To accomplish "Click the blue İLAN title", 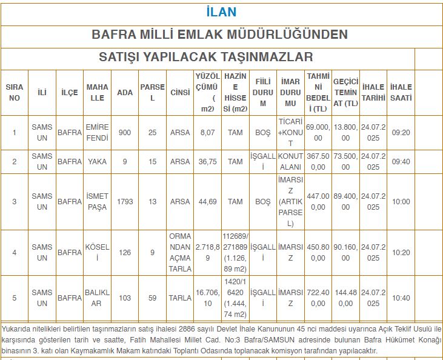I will (x=221, y=12).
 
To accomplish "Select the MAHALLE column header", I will (x=97, y=92).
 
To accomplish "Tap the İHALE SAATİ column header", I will (x=401, y=92).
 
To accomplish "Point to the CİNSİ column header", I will (x=180, y=92).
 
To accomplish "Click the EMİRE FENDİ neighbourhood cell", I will (x=97, y=133).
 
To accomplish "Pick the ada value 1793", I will (x=125, y=202).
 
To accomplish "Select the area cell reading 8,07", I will (x=207, y=133).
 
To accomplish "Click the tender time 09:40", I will (x=401, y=162).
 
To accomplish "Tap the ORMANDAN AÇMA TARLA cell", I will (x=180, y=253).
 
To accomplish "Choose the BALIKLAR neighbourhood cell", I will (x=97, y=298).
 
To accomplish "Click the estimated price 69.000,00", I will (x=318, y=133).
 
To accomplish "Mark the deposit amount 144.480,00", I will (x=345, y=298).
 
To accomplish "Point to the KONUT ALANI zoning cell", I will (x=290, y=162).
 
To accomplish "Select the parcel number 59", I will (x=152, y=298).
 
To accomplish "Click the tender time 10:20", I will (x=401, y=253).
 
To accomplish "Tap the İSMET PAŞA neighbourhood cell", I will (x=97, y=202).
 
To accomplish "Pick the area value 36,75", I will (x=207, y=162).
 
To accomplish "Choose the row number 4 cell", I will (x=15, y=253).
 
